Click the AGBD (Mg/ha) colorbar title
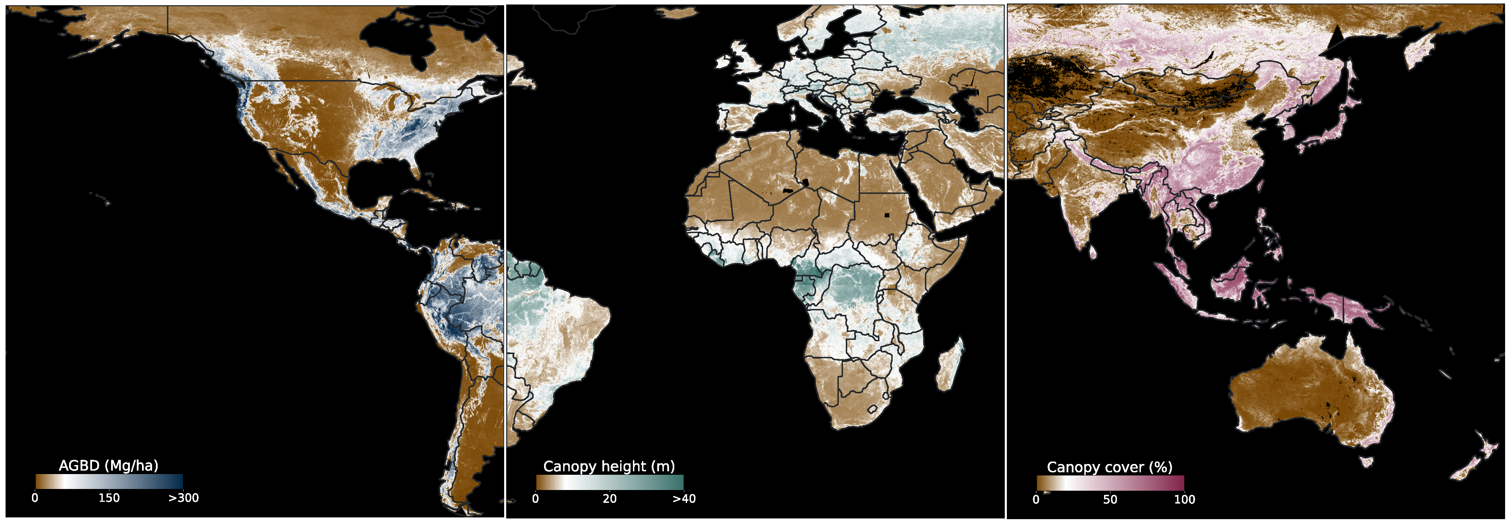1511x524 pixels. [109, 466]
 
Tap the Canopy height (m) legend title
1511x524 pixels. [609, 466]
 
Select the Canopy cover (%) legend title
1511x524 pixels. [1109, 467]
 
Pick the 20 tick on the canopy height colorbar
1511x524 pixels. [609, 499]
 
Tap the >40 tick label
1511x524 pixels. [684, 499]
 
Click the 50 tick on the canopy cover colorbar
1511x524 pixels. [1110, 499]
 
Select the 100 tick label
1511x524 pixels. [1184, 499]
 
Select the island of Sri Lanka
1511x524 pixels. [1093, 252]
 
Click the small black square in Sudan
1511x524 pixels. [887, 215]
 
